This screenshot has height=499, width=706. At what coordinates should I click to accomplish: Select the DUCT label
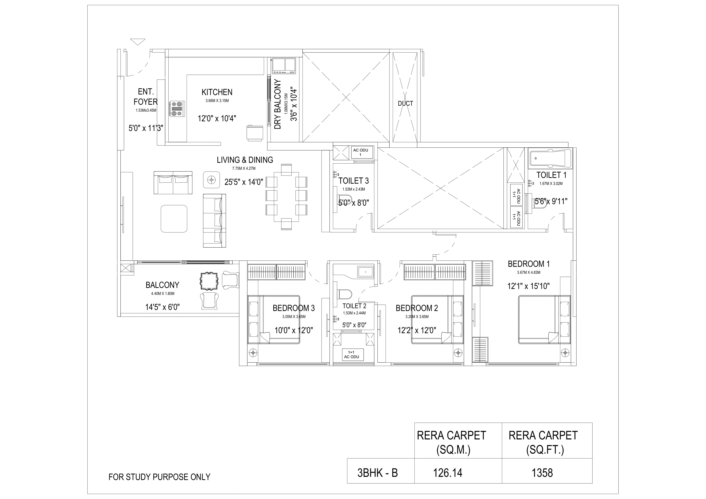point(405,104)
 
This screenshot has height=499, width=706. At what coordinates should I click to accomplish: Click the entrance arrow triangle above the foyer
point(138,41)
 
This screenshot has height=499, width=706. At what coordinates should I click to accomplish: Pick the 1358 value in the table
point(542,473)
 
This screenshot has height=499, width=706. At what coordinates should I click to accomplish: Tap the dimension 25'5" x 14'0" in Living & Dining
point(244,182)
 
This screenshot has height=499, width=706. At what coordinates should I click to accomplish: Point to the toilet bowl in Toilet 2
point(344,294)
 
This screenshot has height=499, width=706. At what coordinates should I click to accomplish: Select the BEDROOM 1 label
point(529,264)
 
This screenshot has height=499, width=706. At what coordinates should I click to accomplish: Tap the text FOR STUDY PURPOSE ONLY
point(159,477)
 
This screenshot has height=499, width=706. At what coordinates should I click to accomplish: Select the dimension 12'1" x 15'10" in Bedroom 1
point(528,286)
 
